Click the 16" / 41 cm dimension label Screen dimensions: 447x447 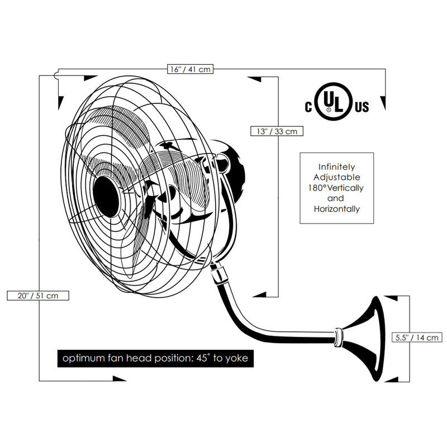pos(191,69)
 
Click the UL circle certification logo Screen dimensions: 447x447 pos(333,104)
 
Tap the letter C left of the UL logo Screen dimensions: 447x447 pos(308,106)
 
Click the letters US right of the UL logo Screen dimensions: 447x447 pos(361,106)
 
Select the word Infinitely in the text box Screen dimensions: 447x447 pos(336,167)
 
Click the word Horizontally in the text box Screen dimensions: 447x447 pos(336,209)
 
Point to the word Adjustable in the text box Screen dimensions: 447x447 pos(336,177)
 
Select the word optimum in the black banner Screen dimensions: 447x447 pos(82,358)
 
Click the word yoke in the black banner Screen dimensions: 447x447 pos(236,358)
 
